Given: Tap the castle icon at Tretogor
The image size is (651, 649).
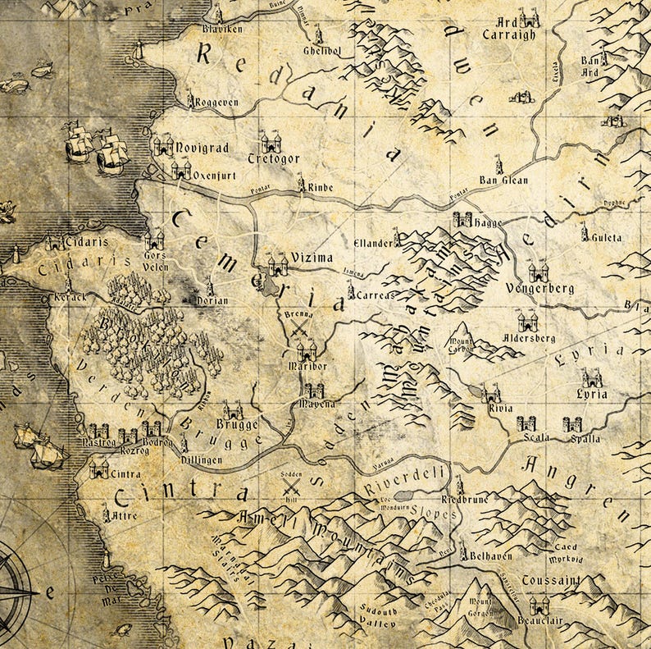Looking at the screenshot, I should point(271,142).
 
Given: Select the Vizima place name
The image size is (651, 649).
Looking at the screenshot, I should point(311,256).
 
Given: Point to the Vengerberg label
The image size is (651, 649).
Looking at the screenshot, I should point(540,289).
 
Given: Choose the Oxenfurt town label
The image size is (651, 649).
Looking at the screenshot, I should point(218,174).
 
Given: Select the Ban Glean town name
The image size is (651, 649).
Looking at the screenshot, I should point(504,181).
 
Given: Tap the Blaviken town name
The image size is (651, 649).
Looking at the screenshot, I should point(219,29).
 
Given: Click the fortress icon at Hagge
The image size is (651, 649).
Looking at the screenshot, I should point(463,220).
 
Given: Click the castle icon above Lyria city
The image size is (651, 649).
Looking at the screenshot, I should point(591,378).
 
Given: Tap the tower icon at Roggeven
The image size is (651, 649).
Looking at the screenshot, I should point(190,100).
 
